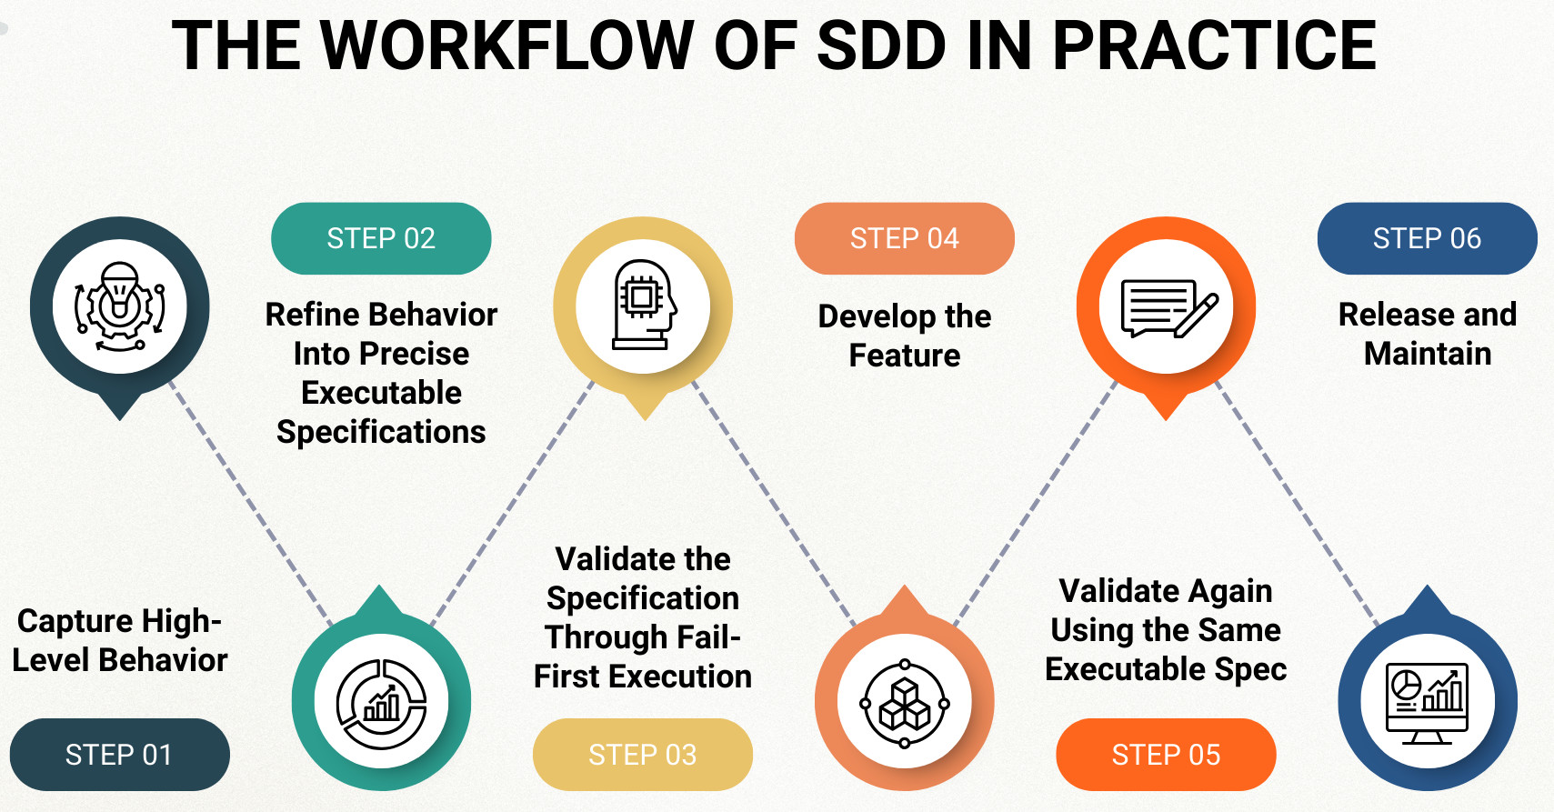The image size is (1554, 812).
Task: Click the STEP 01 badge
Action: [119, 755]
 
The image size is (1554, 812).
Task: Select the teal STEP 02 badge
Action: [381, 238]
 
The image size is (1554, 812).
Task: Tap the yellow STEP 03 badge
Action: [642, 755]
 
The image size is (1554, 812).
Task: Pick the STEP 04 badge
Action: [904, 238]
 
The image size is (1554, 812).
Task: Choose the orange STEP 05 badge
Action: [1166, 755]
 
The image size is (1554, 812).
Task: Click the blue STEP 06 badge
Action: [1427, 238]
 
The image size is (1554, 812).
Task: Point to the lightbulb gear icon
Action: [120, 306]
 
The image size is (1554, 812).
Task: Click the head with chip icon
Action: [644, 306]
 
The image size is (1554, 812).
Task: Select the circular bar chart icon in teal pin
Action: [381, 702]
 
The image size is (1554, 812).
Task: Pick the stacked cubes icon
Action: [905, 703]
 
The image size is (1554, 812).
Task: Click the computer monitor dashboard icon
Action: [1427, 702]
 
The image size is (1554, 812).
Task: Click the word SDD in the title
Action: [881, 45]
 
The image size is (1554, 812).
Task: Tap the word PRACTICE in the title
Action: [1214, 45]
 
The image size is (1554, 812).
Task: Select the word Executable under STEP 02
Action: [381, 393]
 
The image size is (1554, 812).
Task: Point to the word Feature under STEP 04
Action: [904, 356]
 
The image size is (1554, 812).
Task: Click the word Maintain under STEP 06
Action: [1428, 354]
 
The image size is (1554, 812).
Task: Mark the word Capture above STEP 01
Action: [75, 621]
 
